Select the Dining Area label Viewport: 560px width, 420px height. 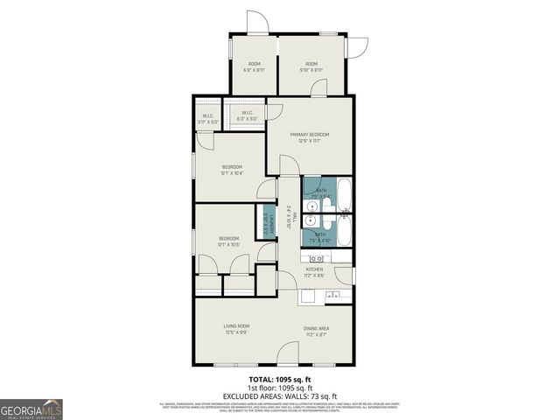point(316,328)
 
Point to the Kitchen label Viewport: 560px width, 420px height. point(313,269)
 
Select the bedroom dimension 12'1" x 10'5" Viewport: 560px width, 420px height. point(228,244)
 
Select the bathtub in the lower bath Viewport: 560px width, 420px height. point(345,233)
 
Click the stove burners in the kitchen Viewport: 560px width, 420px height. point(316,259)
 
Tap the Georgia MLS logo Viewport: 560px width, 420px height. point(31,409)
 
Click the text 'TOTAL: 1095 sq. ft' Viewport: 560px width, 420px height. point(279,380)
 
